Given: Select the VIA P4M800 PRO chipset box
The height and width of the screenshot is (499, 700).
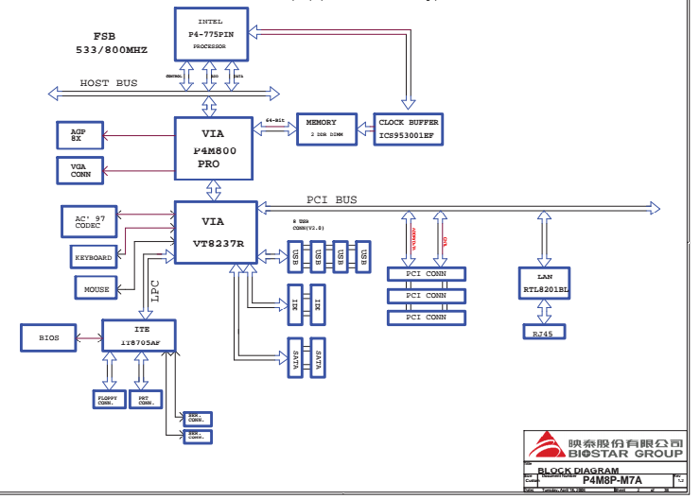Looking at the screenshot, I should pyautogui.click(x=214, y=148).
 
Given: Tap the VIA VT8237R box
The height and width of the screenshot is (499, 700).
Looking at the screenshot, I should pyautogui.click(x=214, y=232).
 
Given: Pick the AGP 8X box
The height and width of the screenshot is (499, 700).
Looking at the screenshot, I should pyautogui.click(x=79, y=134).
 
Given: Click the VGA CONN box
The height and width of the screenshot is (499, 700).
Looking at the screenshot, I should pyautogui.click(x=79, y=169).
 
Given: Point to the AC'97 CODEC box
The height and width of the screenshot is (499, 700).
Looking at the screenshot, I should pyautogui.click(x=90, y=222).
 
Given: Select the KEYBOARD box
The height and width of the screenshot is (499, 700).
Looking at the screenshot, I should pyautogui.click(x=94, y=257).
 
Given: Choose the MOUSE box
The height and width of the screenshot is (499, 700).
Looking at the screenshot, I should pyautogui.click(x=96, y=289).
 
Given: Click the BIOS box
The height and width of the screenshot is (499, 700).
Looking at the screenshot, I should pyautogui.click(x=49, y=336).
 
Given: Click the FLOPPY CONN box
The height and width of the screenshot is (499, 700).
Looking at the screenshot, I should pyautogui.click(x=108, y=402).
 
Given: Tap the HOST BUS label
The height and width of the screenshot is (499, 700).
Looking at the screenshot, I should pyautogui.click(x=108, y=83).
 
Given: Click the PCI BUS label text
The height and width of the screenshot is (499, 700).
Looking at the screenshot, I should pyautogui.click(x=331, y=199).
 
